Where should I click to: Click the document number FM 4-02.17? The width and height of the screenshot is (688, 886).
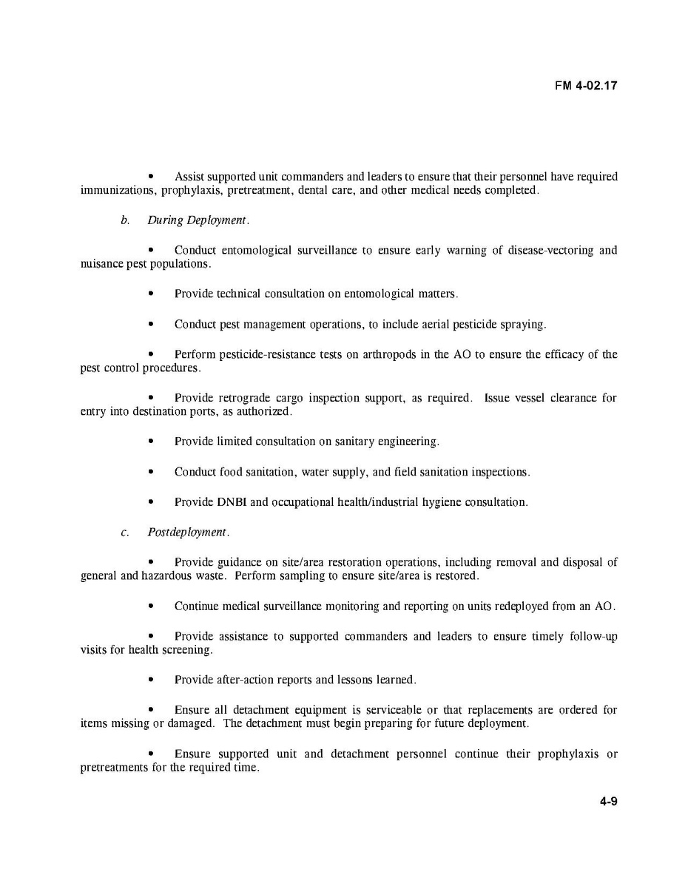point(586,85)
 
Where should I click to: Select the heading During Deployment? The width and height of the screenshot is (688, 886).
point(198,220)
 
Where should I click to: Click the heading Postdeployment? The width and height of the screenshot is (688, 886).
point(188,532)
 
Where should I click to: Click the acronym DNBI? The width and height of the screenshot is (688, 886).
point(232,502)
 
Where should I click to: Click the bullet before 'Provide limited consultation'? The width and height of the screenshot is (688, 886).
point(151,442)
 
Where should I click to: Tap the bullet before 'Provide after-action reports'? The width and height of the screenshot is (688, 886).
point(151,680)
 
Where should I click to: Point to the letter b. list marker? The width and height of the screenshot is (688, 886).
point(125,220)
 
